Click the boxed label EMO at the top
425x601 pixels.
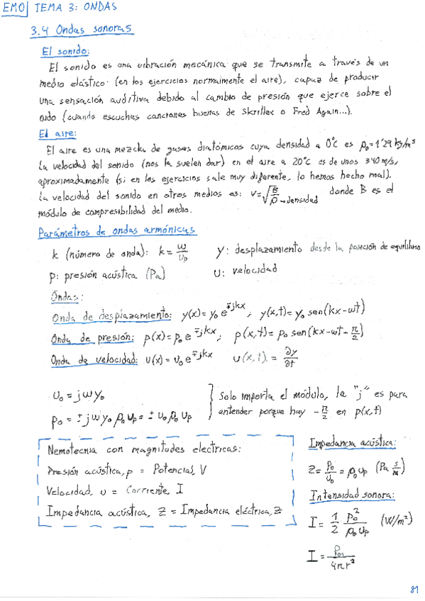[14, 10]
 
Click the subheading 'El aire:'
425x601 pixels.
[60, 133]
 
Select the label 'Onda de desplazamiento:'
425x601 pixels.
[111, 313]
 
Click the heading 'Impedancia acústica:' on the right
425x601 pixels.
[353, 443]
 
